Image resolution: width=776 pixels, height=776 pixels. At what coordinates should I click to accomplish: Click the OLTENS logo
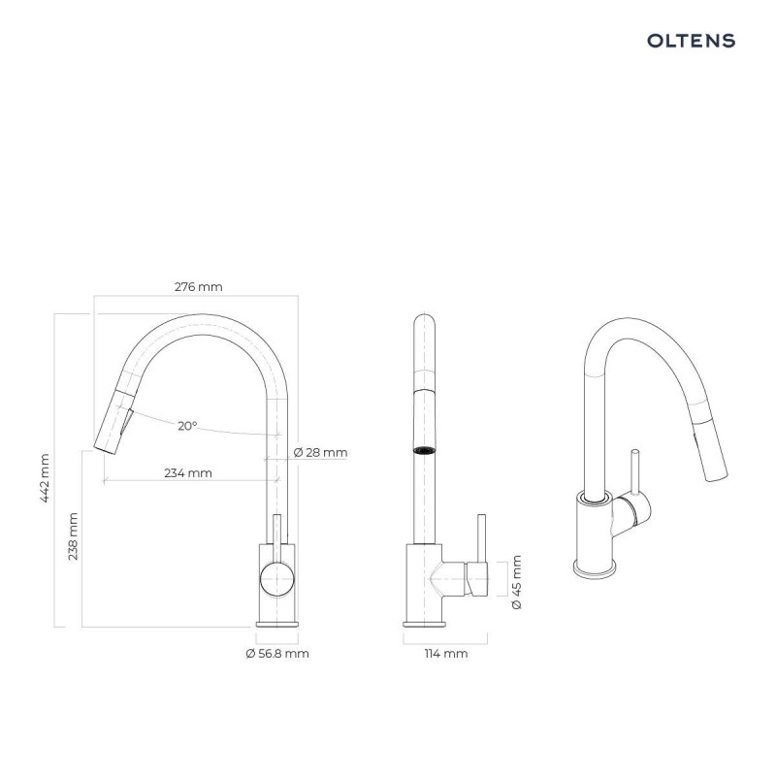(x=691, y=41)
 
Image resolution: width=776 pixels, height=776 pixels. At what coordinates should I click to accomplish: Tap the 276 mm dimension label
(x=199, y=286)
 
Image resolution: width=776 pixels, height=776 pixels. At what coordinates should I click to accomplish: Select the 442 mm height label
(x=45, y=478)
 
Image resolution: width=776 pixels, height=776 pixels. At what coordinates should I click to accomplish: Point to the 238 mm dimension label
(x=73, y=536)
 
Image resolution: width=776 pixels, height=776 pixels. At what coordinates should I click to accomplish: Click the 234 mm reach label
(x=188, y=473)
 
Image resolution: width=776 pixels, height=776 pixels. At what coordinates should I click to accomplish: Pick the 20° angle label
(x=187, y=426)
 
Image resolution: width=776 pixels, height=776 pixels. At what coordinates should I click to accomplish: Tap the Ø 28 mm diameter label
(x=320, y=452)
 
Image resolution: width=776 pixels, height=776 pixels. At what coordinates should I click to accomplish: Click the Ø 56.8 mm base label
(x=277, y=653)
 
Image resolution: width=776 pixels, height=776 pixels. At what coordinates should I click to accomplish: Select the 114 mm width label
(x=446, y=653)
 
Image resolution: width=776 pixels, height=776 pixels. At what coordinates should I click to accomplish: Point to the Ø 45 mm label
(x=516, y=582)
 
